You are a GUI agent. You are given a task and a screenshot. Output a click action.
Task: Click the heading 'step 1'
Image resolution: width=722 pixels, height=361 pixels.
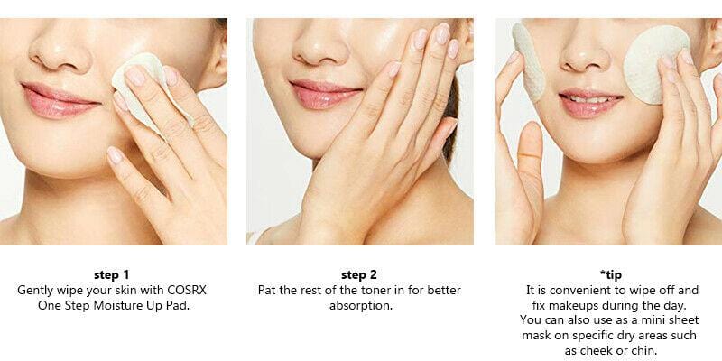[x=112, y=275]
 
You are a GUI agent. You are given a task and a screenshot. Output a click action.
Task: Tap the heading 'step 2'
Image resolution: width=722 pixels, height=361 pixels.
[x=359, y=275]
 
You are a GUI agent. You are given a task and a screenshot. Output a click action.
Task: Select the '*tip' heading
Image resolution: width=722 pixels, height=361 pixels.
[x=611, y=275]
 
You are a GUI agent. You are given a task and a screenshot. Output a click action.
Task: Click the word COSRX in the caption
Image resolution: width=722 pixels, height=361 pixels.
[x=187, y=291]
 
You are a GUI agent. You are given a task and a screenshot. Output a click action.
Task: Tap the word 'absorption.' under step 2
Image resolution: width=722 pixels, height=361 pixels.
[x=361, y=306]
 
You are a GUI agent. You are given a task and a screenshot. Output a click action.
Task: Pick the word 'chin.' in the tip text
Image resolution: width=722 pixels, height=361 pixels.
[x=644, y=350]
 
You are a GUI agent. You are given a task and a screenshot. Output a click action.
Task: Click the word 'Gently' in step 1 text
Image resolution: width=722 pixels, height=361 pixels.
[x=35, y=291]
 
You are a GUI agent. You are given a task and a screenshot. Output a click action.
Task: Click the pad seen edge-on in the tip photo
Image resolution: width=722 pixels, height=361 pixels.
[x=528, y=62]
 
